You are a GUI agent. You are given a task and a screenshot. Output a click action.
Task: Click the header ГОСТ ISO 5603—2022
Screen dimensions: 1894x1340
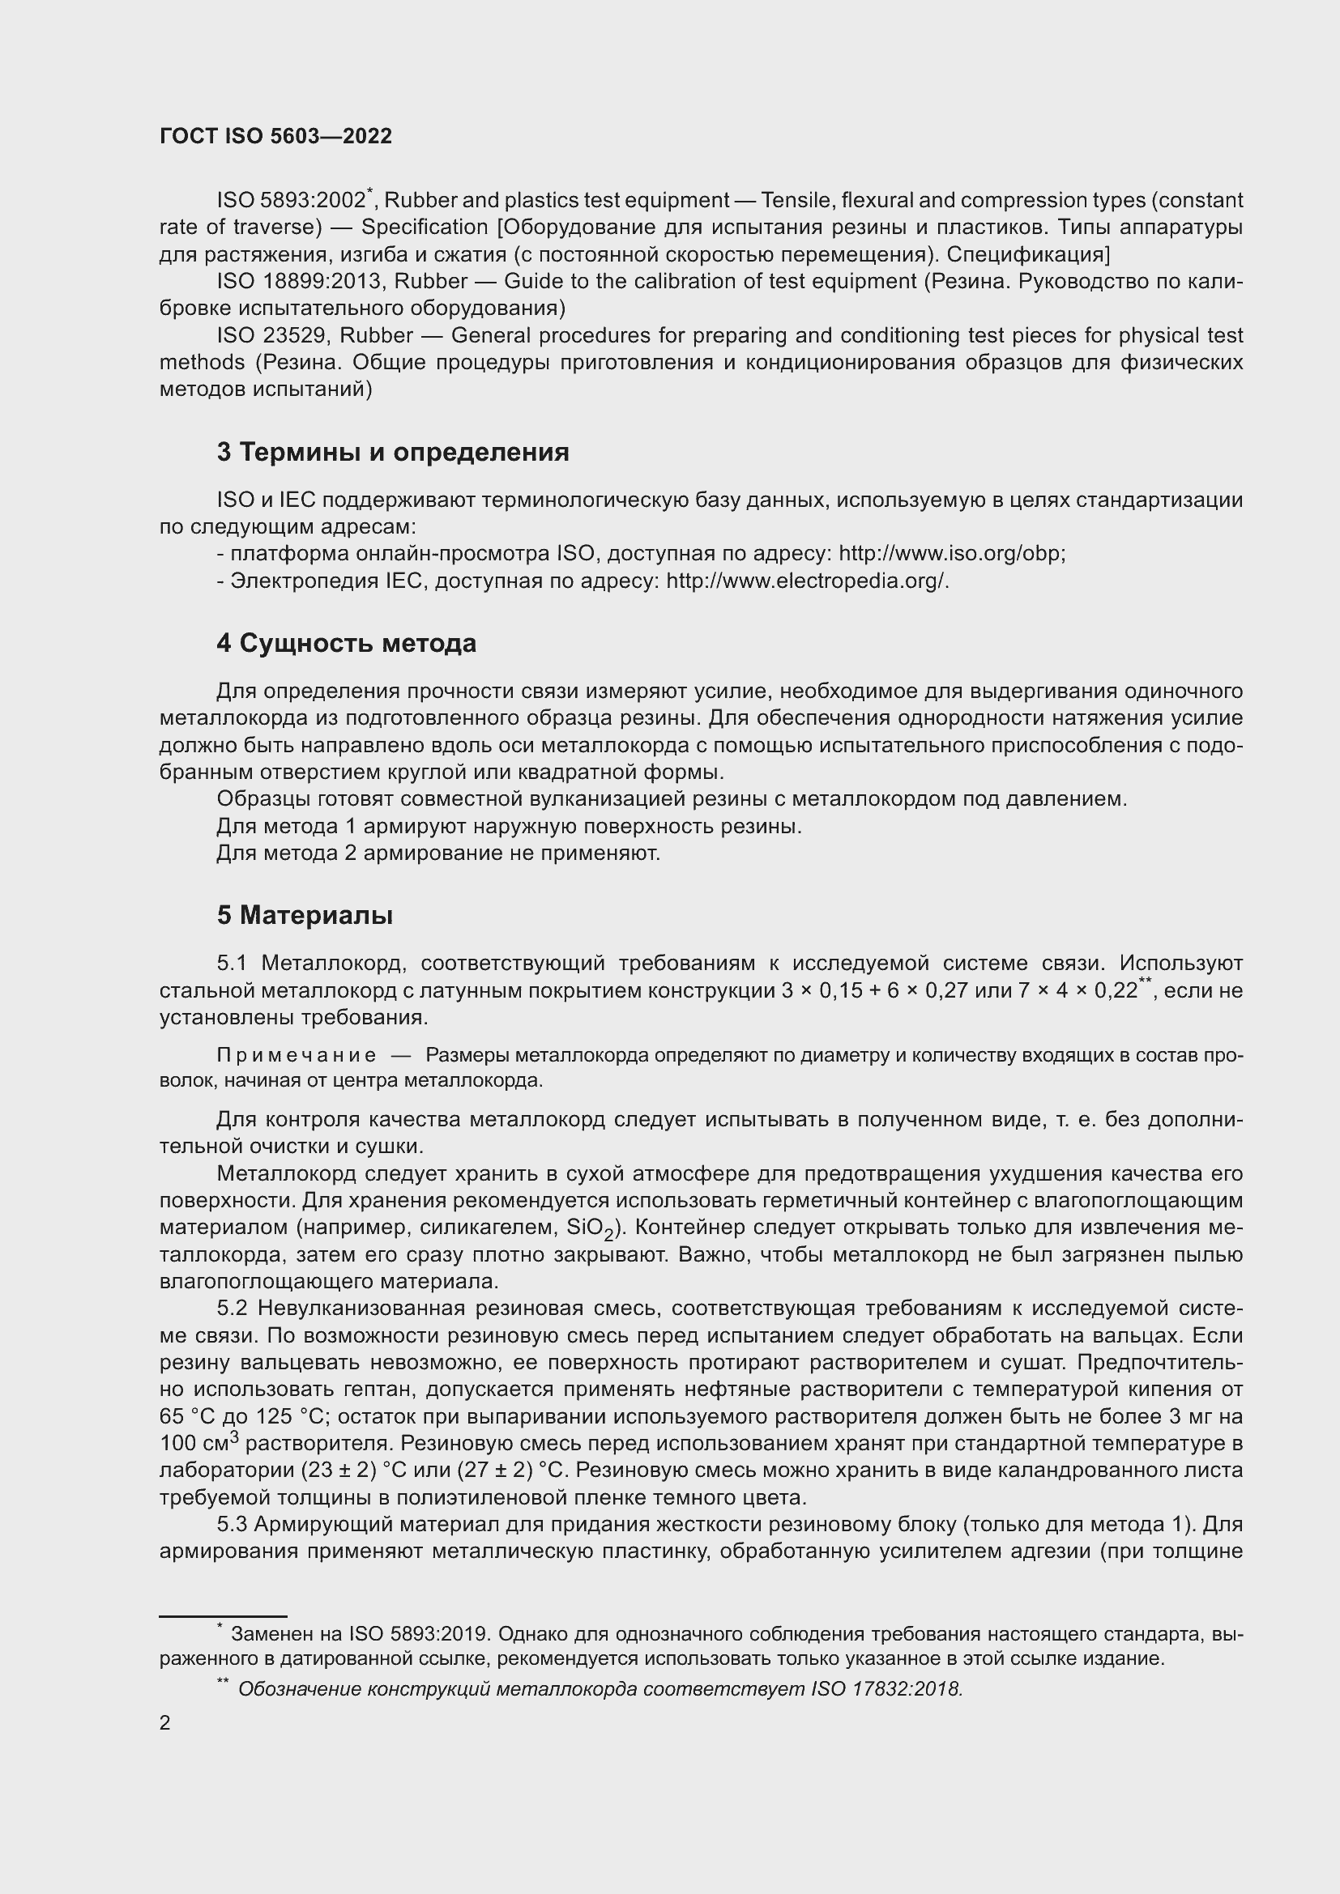click(275, 136)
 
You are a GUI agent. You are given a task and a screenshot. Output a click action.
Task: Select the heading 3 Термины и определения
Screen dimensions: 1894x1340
click(393, 452)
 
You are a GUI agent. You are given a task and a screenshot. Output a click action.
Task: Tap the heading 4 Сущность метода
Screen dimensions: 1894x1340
click(347, 643)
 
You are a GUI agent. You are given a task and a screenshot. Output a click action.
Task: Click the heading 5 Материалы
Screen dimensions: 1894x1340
click(305, 915)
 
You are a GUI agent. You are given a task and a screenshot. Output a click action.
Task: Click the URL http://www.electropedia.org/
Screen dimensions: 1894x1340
click(806, 581)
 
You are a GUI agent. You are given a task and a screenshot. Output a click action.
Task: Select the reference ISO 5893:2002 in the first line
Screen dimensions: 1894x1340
click(291, 201)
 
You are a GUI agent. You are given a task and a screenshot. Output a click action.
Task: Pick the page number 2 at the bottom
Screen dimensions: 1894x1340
click(165, 1722)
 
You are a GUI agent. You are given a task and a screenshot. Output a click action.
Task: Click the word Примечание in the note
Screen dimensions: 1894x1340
click(297, 1055)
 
